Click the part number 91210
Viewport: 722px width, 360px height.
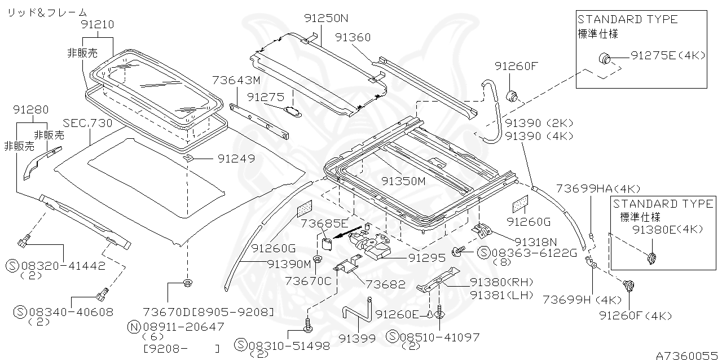[97, 24]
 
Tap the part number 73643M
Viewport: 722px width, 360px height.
[236, 81]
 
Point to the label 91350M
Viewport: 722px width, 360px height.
[403, 181]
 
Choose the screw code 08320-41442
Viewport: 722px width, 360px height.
[58, 265]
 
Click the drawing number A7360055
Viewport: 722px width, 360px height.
[688, 355]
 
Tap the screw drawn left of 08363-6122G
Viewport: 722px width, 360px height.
[457, 251]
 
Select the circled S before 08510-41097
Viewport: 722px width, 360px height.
[392, 337]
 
